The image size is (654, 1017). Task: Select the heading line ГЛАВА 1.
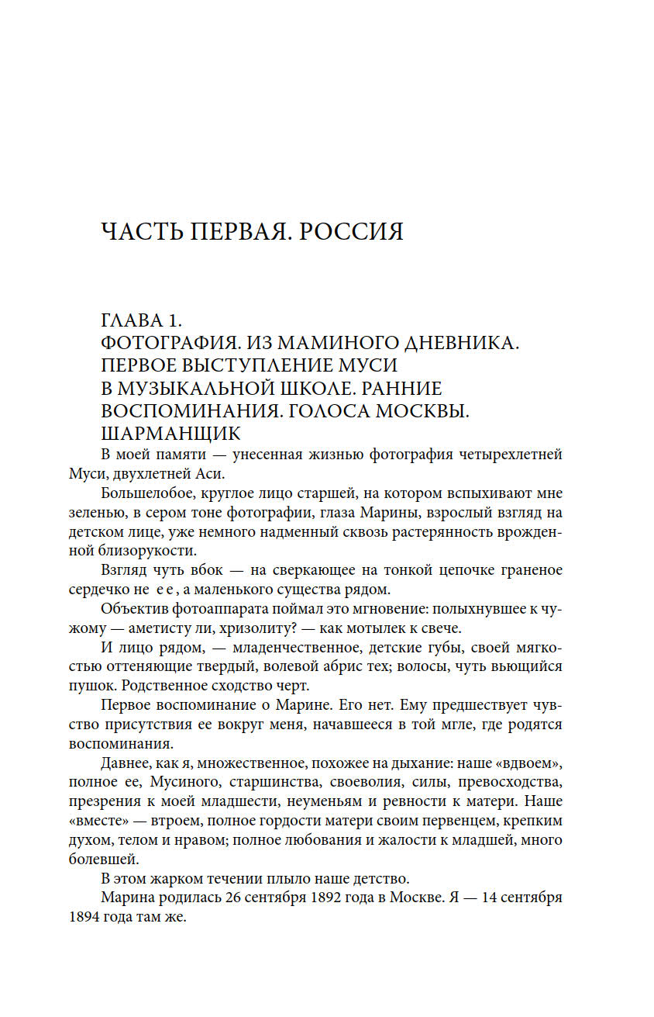coord(142,321)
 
